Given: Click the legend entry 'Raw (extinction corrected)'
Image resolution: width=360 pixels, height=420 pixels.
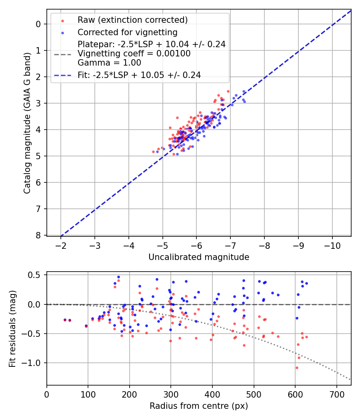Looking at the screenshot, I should [132, 20].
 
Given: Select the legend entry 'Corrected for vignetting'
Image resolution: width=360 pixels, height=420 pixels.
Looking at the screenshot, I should [127, 32].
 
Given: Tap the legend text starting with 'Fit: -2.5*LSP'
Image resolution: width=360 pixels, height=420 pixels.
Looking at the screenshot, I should [139, 75].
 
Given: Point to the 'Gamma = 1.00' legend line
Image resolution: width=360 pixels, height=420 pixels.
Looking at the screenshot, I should [109, 62].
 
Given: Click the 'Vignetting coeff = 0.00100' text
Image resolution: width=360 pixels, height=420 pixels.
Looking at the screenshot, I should [134, 54].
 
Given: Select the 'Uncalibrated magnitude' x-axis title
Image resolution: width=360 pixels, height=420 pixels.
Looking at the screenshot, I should [199, 257].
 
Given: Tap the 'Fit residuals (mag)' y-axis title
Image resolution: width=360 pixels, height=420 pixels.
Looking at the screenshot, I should [12, 329].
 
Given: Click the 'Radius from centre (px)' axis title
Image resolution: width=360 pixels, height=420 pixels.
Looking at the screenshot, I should [199, 406].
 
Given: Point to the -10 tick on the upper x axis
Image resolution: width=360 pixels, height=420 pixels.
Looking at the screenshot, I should [332, 245].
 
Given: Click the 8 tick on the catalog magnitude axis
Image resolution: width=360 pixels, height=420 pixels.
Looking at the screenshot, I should [38, 235].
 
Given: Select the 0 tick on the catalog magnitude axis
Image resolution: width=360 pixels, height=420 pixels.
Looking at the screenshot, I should [38, 24].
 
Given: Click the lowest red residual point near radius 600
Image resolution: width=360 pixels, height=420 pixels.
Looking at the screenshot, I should [297, 368].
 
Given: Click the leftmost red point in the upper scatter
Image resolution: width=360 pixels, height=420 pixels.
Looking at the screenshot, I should [153, 152].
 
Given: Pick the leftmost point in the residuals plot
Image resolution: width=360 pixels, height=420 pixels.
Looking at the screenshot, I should [65, 320].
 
